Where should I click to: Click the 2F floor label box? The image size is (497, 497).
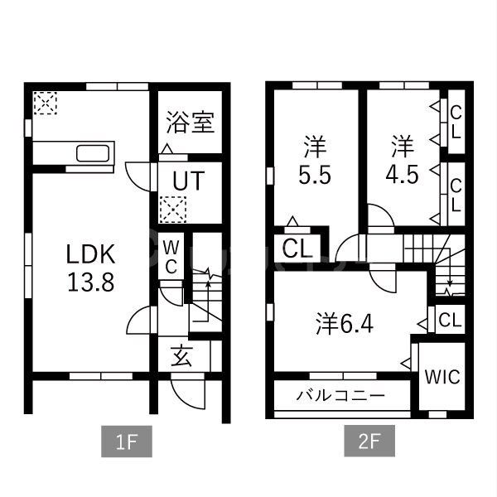[x=369, y=442]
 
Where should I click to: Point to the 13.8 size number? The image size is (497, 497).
[x=91, y=280]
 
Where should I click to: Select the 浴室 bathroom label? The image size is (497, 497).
[x=190, y=123]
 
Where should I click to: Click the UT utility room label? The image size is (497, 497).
[x=190, y=179]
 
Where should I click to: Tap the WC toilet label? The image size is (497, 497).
[x=171, y=256]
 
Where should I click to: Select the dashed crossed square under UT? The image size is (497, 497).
[x=173, y=210]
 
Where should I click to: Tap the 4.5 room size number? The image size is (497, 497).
[x=402, y=176]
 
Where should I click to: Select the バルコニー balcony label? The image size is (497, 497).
[x=340, y=396]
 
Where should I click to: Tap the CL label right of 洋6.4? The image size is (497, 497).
[x=451, y=320]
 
